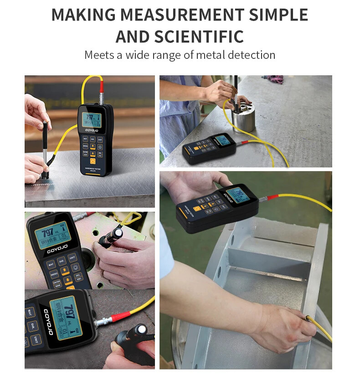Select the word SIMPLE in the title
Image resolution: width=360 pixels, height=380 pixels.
[x=279, y=15]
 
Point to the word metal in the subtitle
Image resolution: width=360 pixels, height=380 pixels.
[x=211, y=56]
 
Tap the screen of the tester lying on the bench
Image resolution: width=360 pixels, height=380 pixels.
[x=222, y=140]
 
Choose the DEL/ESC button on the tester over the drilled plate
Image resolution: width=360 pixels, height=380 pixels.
[x=78, y=276]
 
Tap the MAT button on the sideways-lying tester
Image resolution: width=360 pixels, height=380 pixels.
[x=31, y=312]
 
